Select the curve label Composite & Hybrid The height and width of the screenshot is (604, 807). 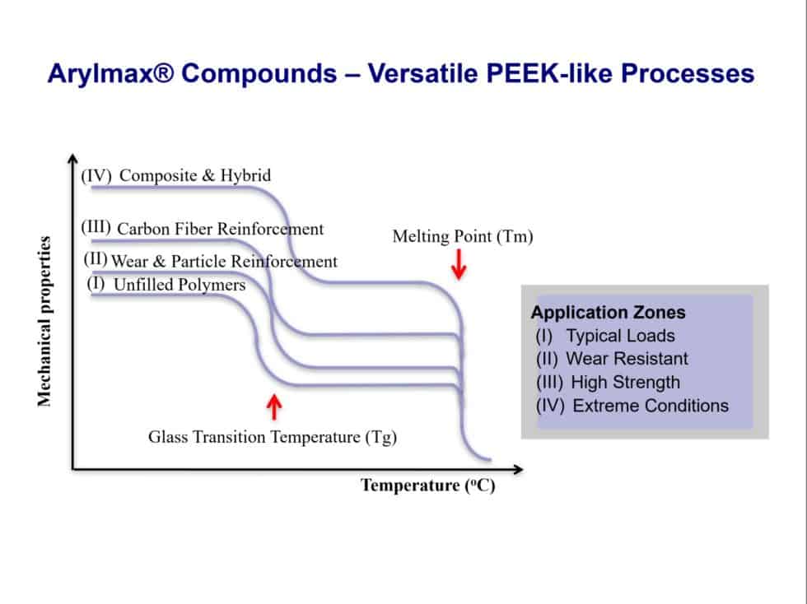(195, 175)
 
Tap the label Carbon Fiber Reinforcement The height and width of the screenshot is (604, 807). (220, 229)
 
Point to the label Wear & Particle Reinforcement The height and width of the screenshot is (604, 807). (224, 262)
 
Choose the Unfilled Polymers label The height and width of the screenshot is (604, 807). (179, 285)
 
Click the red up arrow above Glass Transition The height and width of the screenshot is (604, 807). (275, 406)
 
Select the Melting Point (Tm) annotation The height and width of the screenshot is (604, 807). (463, 237)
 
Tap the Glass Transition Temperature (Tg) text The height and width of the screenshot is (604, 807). (273, 437)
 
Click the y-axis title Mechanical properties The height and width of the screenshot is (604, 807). (44, 322)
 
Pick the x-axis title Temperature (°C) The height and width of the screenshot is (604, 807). (427, 486)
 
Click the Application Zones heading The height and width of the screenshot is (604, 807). (608, 313)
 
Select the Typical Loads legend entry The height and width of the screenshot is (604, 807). (619, 336)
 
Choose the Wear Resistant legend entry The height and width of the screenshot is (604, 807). (626, 359)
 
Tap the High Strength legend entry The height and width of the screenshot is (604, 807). (625, 382)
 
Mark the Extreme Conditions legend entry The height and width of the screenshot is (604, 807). (650, 405)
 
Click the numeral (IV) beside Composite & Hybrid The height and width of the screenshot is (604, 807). (96, 175)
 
